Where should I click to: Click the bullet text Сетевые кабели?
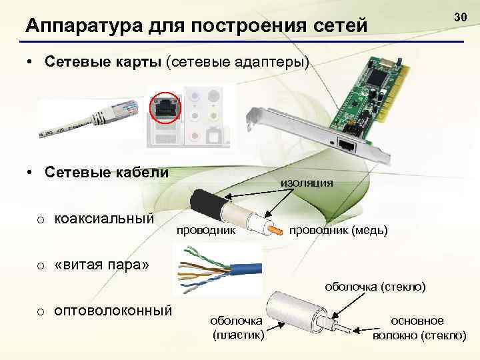(x=107, y=172)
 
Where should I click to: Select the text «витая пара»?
(x=101, y=265)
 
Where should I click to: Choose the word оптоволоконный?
(x=113, y=311)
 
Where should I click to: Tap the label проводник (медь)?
(x=337, y=230)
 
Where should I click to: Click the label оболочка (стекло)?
(x=375, y=287)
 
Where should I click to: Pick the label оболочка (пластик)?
(x=238, y=327)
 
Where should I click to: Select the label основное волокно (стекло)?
(x=419, y=327)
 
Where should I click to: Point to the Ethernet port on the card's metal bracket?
(x=346, y=143)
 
